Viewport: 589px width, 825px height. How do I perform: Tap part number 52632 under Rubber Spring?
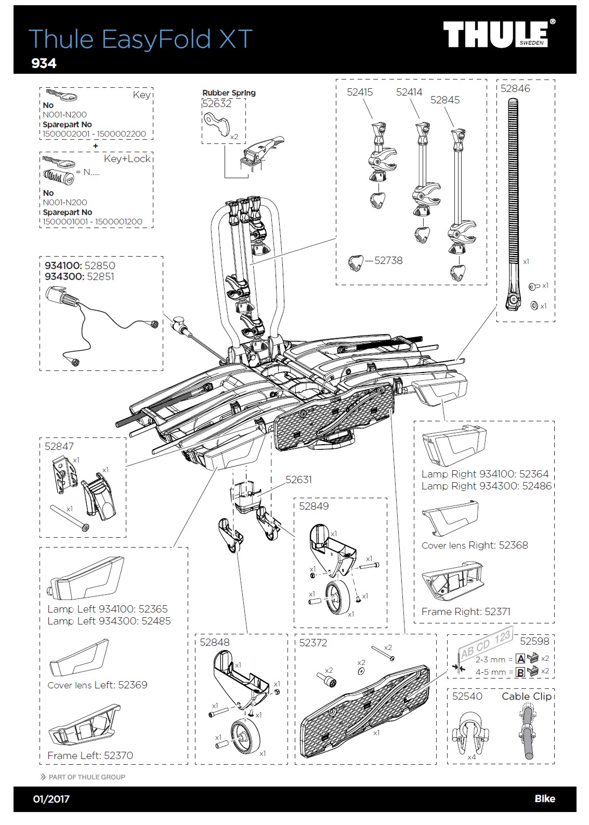coord(217,103)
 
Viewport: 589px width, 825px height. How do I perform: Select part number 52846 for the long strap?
coord(515,88)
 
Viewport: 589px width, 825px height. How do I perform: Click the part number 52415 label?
coord(360,92)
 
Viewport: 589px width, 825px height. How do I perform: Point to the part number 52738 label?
coord(389,261)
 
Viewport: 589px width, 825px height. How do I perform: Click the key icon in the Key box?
coord(61,96)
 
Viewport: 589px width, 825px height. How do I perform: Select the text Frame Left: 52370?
coord(90,755)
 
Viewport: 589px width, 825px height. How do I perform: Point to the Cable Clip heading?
coord(526,696)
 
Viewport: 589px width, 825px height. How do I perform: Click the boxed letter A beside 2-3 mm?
coord(520,659)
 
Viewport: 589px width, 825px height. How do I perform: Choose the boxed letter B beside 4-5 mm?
coord(520,672)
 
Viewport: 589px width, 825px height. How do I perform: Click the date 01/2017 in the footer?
coord(51,799)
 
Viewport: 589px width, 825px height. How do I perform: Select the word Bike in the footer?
coord(545,799)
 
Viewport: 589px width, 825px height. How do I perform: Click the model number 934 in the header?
coord(44,63)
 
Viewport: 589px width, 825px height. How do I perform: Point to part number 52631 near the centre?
coord(298,480)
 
